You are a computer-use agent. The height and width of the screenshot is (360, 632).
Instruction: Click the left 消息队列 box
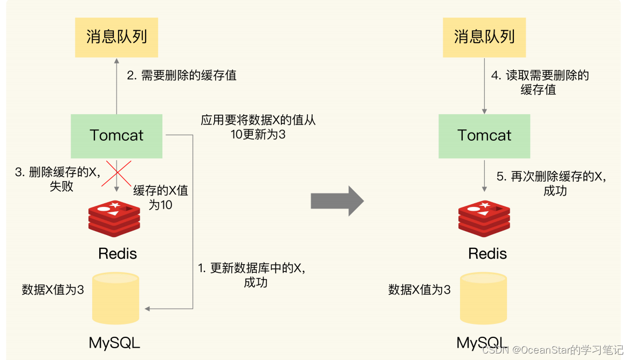point(116,37)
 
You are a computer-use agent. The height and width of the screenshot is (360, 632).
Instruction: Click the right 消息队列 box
point(484,37)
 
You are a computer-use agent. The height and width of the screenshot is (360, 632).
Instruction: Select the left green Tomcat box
point(116,136)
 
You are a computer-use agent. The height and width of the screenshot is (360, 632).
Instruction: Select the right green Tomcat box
point(484,136)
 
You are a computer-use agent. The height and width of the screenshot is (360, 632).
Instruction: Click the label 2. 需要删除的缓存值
point(182,75)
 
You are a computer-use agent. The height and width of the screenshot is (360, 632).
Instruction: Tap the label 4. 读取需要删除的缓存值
point(540,82)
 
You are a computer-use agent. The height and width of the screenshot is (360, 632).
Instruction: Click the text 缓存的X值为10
point(161,198)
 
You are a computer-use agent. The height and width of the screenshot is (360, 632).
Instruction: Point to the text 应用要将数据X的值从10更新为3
point(258,127)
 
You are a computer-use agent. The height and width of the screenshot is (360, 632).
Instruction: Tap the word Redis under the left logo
point(118,254)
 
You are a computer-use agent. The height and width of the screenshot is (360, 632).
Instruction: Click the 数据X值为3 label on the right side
point(420,290)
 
